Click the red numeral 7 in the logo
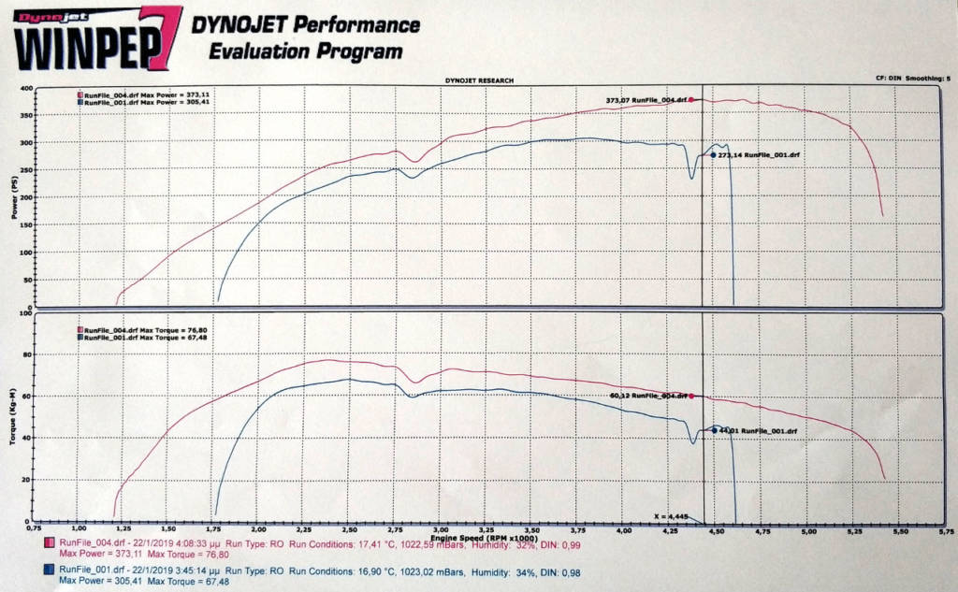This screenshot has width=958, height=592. tap(160, 37)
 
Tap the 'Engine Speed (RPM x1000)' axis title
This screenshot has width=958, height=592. tap(486, 538)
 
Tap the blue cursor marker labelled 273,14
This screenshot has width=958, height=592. tap(713, 155)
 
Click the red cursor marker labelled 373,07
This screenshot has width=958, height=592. tap(691, 99)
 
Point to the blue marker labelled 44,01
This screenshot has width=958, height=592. tap(714, 430)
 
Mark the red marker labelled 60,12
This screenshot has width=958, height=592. tap(692, 396)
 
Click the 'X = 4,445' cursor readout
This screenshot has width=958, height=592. tap(673, 515)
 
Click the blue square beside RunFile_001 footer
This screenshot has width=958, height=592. tap(47, 569)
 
